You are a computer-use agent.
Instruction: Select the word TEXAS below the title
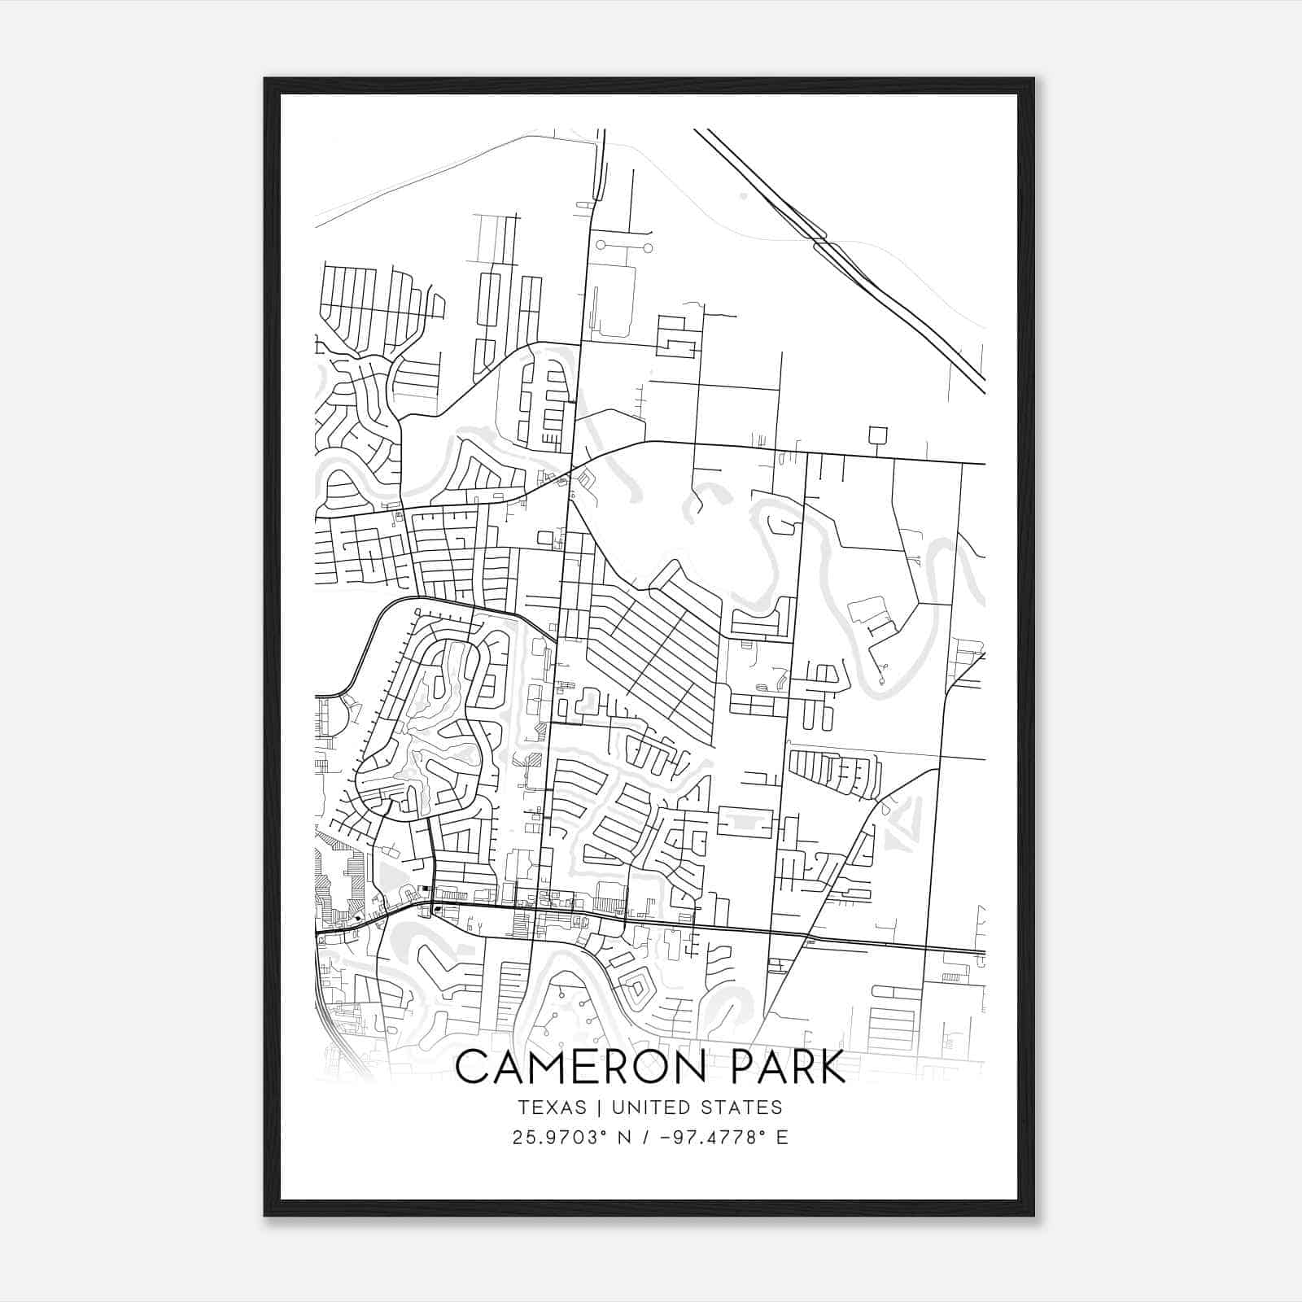click(551, 1108)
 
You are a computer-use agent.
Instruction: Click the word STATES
click(741, 1108)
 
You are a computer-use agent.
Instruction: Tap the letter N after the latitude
click(625, 1138)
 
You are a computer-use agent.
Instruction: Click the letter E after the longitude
click(782, 1138)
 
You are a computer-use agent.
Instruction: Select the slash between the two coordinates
click(646, 1138)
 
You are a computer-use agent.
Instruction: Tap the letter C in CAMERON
click(471, 1068)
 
